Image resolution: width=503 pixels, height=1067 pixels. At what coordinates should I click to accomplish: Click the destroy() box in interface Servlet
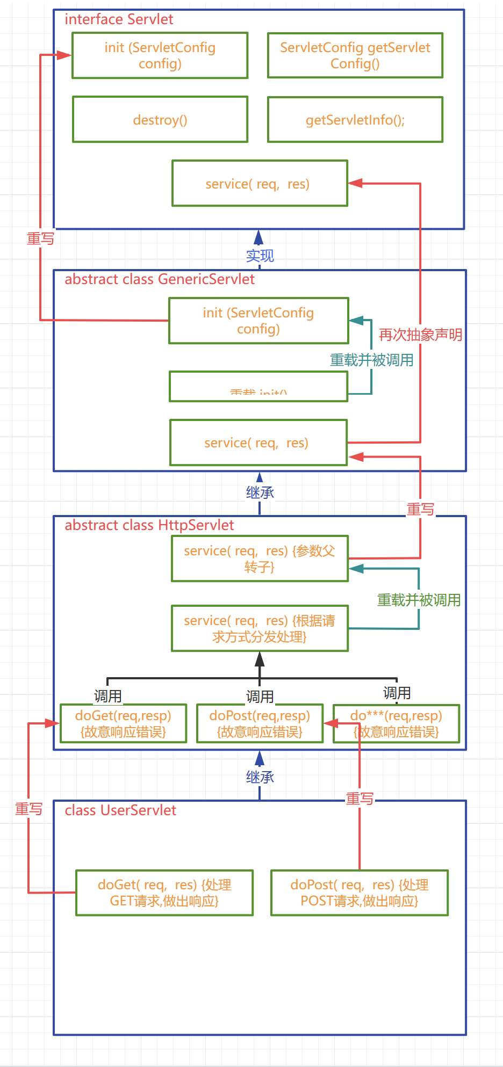(160, 120)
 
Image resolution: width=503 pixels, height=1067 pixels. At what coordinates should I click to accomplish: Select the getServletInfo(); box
(355, 120)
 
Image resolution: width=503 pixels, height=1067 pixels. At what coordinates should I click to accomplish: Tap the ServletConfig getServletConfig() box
(355, 55)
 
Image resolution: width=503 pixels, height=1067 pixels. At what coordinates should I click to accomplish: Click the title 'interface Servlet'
(119, 19)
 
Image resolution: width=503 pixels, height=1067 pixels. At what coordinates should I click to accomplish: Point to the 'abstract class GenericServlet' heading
(160, 279)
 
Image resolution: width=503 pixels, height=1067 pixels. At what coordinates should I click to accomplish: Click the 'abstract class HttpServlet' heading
(149, 525)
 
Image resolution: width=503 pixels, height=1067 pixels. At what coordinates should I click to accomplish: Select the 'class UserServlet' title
(120, 810)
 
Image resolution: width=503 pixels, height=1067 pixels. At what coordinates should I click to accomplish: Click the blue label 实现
(260, 256)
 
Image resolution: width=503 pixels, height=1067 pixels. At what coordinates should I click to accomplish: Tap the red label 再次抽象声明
(420, 335)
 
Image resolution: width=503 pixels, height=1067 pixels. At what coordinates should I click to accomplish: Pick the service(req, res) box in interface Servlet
(260, 184)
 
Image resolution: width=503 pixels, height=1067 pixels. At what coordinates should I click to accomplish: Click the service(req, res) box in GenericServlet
(258, 442)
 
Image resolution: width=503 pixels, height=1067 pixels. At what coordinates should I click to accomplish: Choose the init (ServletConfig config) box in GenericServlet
(258, 321)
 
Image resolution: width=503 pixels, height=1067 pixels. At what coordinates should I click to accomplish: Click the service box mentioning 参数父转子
(260, 558)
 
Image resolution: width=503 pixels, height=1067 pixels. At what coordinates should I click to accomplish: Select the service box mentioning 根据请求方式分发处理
(260, 628)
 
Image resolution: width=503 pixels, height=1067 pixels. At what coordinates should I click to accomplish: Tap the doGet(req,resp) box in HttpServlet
(123, 723)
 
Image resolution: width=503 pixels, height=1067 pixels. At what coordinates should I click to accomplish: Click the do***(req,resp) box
(396, 723)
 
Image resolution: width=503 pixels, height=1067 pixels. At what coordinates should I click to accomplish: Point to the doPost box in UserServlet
(360, 892)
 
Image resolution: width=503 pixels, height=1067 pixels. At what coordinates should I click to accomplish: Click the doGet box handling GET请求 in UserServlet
(164, 892)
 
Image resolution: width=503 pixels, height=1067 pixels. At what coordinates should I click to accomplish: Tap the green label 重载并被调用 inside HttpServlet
(419, 600)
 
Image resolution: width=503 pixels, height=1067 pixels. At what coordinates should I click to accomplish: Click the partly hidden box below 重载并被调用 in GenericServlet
(258, 387)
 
